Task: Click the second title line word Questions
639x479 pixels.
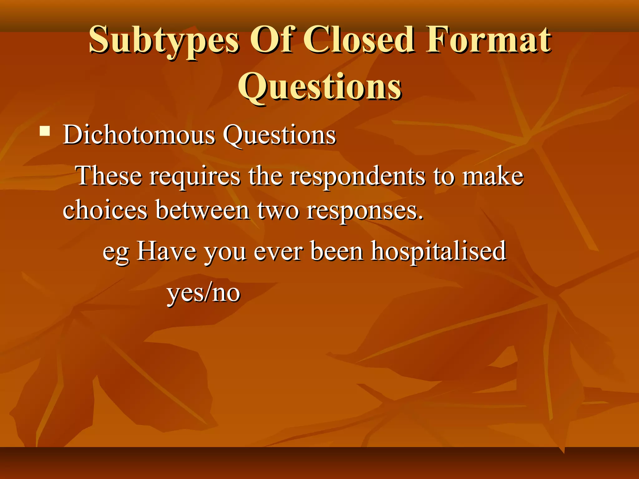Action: pos(319,87)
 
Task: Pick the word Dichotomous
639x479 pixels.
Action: pos(139,135)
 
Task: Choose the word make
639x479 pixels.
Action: pos(493,176)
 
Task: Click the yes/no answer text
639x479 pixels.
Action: pos(203,293)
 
